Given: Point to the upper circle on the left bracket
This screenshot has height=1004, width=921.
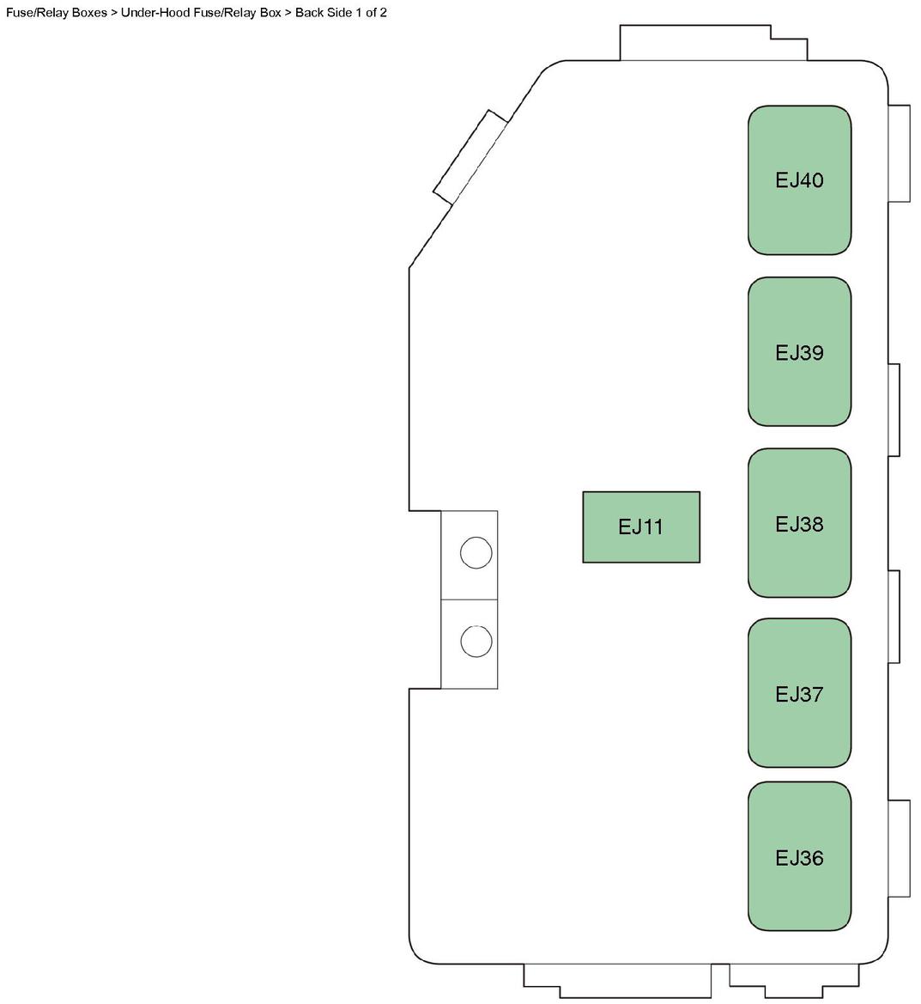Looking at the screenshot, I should point(476,552).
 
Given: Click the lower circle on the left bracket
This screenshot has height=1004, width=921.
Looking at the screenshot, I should point(476,642).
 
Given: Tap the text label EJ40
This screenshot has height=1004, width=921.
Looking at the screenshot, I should point(799,180).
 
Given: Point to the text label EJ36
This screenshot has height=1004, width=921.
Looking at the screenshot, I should point(799,858).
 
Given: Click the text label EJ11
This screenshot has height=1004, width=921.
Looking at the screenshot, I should point(641,527).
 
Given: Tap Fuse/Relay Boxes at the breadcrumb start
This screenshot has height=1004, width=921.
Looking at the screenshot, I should point(56,13).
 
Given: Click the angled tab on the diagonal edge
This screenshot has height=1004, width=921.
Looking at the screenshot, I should point(470,157).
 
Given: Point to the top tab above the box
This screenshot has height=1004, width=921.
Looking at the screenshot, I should point(712,45).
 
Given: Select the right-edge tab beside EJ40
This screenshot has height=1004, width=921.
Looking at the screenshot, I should point(899,154).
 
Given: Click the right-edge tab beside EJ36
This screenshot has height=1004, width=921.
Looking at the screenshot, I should point(899,849).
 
